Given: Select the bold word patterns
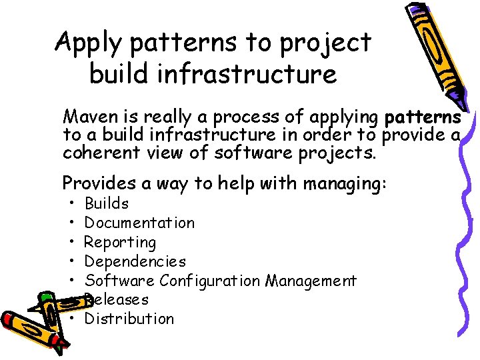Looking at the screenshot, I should pyautogui.click(x=423, y=118).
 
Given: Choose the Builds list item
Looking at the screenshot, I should pyautogui.click(x=107, y=204).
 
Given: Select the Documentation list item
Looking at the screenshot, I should pyautogui.click(x=139, y=223).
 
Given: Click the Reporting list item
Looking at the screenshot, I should pyautogui.click(x=120, y=242).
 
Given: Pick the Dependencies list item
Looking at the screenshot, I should pyautogui.click(x=135, y=261).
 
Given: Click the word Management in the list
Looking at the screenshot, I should pyautogui.click(x=311, y=281).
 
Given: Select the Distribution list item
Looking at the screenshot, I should pyautogui.click(x=129, y=319).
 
